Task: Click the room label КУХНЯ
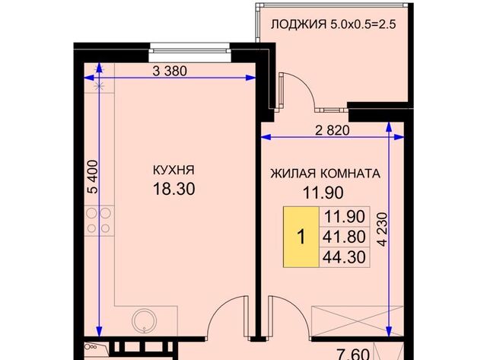point(173,170)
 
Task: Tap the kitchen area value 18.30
point(174,189)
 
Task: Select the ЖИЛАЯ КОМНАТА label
point(325,174)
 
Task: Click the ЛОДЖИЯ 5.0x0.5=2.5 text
point(333,24)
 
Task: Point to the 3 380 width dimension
point(170,71)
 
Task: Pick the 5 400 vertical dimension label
point(92,177)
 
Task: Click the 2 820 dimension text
point(333,130)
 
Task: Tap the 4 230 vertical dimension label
point(384,229)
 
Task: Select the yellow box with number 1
point(301,237)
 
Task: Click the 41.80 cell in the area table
point(344,237)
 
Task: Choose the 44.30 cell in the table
point(344,257)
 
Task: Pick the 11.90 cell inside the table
point(344,216)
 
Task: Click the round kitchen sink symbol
point(144,321)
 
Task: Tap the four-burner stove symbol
point(99,221)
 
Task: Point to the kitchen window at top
point(189,53)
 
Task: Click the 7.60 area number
point(353,354)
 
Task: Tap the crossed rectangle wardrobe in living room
point(358,321)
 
